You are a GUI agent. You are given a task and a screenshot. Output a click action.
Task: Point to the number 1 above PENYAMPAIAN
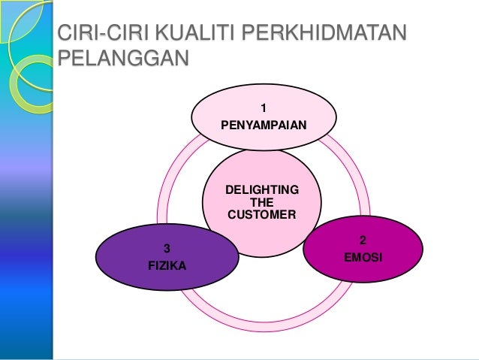tap(263, 107)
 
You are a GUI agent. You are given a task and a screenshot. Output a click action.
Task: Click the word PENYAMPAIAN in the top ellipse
tap(263, 125)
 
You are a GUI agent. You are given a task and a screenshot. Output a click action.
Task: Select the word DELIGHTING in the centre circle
tap(261, 189)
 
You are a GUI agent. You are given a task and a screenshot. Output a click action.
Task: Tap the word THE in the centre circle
tap(261, 202)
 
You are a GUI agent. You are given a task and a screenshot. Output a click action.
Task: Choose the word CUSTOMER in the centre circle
tap(261, 215)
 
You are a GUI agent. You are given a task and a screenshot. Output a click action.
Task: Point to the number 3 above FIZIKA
tap(167, 248)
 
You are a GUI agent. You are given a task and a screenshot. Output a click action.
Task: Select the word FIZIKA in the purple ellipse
tap(167, 265)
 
